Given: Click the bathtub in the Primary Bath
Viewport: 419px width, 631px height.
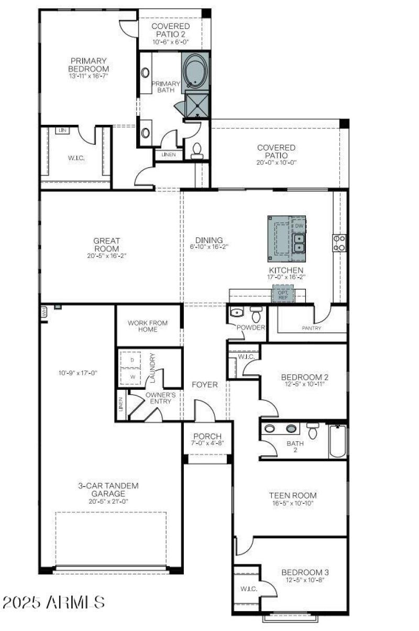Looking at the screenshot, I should [195, 70].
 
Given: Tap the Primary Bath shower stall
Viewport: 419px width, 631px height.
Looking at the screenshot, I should [197, 103].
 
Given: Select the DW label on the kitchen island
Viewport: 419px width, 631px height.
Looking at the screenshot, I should [299, 226].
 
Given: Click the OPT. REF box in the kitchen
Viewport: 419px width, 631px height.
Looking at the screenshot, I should [283, 295].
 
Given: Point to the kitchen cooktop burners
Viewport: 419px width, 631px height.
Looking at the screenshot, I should [339, 243].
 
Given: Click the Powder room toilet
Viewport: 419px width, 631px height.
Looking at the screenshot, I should [256, 314].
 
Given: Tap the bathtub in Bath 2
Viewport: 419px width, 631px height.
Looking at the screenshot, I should [338, 441].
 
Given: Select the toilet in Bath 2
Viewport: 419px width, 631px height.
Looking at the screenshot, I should [313, 431].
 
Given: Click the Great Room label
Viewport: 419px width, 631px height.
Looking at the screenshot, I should [107, 245].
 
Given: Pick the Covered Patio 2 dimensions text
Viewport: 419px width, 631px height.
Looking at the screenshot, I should [171, 42].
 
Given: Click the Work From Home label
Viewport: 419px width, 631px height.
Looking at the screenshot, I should [148, 326].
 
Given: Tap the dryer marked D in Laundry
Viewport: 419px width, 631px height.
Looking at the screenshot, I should [132, 361].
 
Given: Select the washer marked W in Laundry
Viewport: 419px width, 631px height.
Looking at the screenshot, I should [132, 376].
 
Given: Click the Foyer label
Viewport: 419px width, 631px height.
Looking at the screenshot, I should [204, 384].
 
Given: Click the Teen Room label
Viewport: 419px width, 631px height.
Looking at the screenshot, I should [293, 495].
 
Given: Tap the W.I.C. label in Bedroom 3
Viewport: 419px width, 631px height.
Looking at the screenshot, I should [249, 589].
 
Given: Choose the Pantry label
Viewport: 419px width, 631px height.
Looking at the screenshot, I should [311, 328].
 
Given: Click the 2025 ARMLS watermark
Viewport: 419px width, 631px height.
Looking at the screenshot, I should [53, 602].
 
